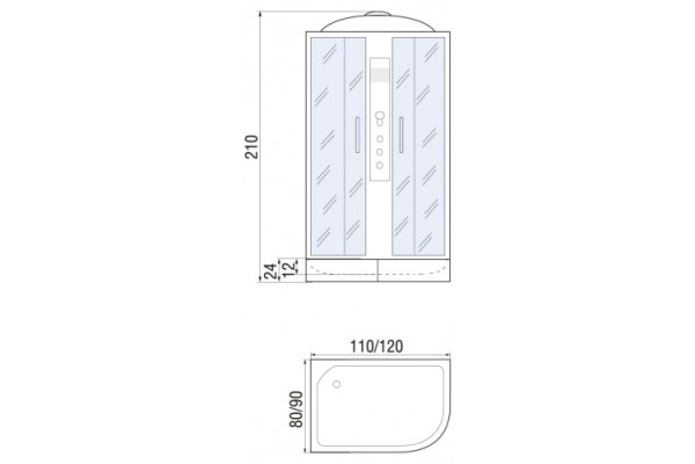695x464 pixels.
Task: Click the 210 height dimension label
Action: click(x=251, y=147)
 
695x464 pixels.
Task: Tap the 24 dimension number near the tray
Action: click(x=270, y=271)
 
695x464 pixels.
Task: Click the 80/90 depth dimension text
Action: click(x=296, y=409)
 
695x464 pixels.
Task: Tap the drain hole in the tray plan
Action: click(x=336, y=384)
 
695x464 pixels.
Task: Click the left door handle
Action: click(x=357, y=135)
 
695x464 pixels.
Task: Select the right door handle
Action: click(x=401, y=135)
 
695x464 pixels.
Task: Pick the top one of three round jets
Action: click(x=380, y=139)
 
